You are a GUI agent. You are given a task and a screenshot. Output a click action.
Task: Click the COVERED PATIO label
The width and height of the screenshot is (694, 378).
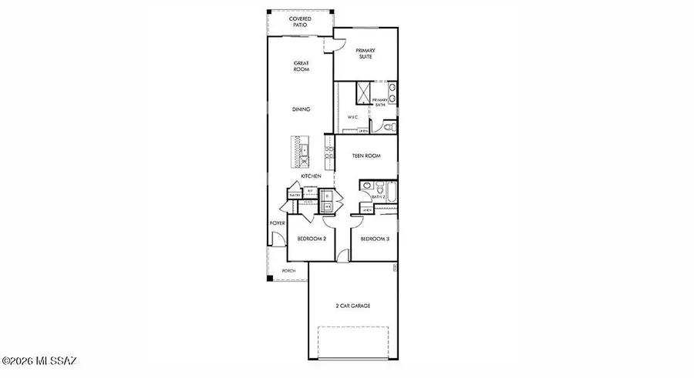tap(301, 21)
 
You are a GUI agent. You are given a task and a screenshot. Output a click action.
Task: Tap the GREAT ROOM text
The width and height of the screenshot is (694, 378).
tap(301, 66)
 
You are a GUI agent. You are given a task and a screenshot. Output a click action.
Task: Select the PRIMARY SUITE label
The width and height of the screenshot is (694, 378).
tap(365, 54)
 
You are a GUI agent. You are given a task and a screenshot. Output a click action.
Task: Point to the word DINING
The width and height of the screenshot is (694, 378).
tap(301, 109)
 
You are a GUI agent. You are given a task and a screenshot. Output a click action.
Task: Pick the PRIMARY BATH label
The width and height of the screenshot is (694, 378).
tap(380, 102)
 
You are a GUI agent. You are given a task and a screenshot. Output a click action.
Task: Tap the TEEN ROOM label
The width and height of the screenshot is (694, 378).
tap(367, 156)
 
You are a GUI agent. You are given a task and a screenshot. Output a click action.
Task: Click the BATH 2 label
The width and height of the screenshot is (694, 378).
tap(378, 197)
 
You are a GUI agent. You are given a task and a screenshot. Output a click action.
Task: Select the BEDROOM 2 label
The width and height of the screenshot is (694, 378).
tap(312, 239)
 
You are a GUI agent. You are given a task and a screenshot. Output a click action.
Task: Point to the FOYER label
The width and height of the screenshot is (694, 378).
tap(277, 223)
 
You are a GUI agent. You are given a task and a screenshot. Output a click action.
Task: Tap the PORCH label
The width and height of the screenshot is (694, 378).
tap(288, 271)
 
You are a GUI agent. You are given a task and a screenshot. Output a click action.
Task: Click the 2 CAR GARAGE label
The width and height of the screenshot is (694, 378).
tap(352, 306)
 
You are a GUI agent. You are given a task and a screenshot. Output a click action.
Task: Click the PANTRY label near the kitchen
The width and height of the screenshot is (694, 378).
tap(294, 196)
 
